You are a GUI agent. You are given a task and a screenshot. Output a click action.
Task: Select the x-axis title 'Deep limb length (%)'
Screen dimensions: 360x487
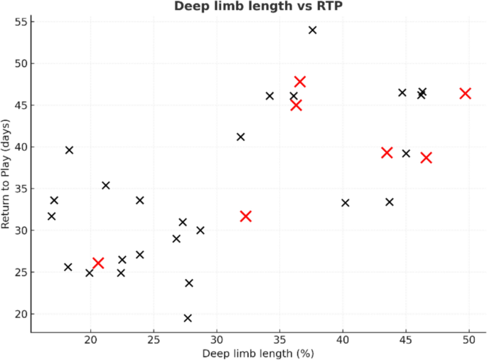(258, 353)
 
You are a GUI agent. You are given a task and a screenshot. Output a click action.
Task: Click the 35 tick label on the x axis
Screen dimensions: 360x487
(280, 339)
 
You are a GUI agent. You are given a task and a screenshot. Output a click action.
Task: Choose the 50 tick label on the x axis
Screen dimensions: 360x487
(469, 339)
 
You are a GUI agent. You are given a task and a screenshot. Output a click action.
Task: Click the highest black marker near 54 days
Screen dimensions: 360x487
(312, 30)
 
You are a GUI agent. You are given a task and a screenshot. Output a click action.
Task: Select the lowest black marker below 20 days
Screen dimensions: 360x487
(188, 318)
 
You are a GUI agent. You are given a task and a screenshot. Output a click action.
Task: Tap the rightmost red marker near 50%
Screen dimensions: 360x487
(465, 93)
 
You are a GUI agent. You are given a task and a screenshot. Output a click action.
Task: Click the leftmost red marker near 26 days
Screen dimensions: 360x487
(98, 263)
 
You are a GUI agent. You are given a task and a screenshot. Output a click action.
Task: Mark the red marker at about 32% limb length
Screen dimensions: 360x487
(246, 216)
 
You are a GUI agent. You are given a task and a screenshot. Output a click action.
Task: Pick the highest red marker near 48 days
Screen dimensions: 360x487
(300, 82)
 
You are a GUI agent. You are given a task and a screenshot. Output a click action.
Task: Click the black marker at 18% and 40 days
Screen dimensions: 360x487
(69, 150)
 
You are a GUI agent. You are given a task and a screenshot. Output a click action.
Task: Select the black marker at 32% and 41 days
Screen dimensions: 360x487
(240, 137)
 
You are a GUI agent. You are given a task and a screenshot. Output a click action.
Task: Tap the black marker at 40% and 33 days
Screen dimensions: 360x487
(346, 203)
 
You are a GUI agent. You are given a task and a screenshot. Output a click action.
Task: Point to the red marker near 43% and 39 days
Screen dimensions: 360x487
(387, 152)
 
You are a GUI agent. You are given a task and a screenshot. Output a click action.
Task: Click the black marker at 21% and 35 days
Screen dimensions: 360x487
(106, 186)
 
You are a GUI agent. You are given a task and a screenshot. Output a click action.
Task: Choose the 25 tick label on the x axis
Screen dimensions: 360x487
(154, 339)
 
